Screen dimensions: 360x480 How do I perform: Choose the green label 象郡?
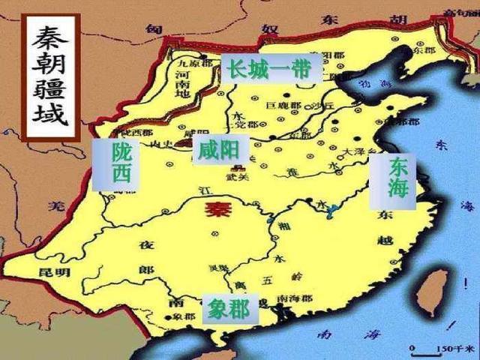point(229,308)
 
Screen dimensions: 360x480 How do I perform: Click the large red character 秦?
point(218,210)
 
